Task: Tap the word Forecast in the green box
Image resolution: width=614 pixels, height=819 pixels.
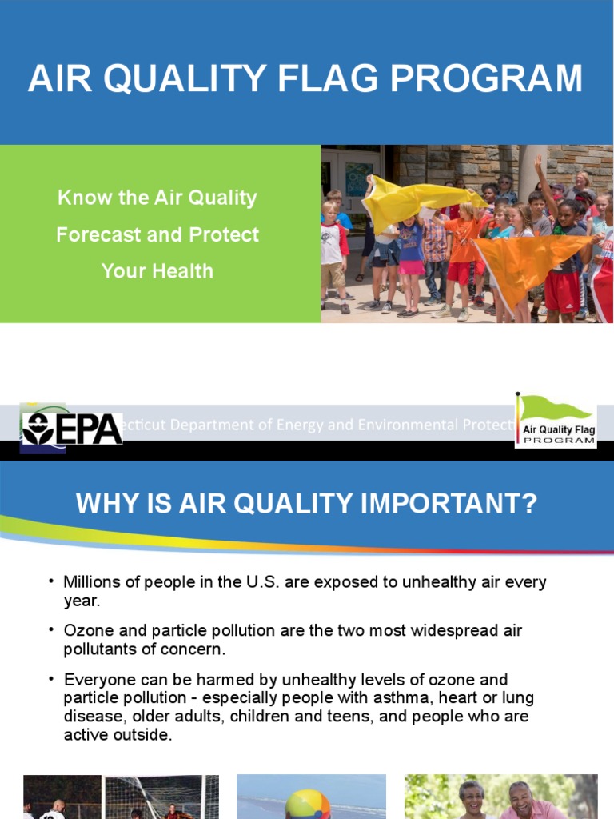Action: click(102, 235)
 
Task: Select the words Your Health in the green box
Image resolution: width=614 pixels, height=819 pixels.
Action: click(157, 271)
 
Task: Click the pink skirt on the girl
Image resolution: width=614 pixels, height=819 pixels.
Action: click(412, 267)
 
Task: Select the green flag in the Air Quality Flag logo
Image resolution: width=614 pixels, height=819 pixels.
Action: click(556, 409)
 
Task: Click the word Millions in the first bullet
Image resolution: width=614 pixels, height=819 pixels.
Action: click(94, 582)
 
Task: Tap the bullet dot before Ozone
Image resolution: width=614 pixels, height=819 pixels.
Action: click(51, 629)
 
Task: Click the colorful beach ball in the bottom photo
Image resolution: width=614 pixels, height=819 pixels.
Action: click(308, 804)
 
